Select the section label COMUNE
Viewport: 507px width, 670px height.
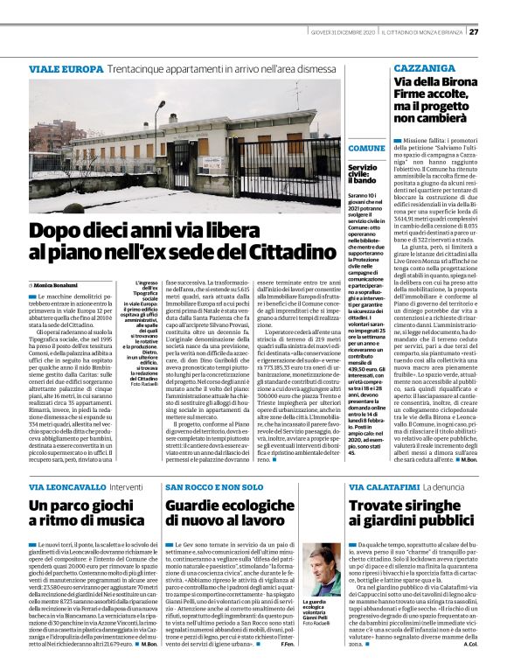pos(366,149)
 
